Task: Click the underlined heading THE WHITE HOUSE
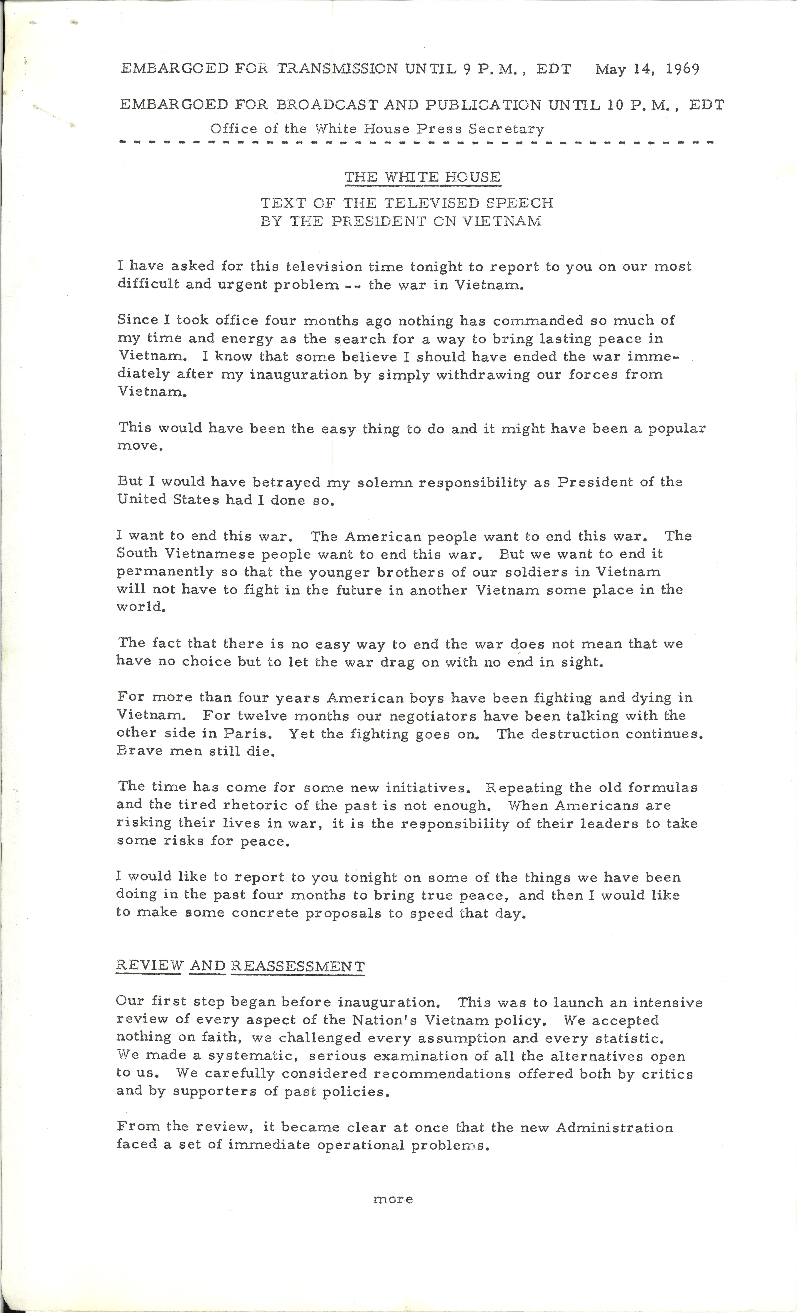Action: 422,177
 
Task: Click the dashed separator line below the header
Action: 416,143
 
